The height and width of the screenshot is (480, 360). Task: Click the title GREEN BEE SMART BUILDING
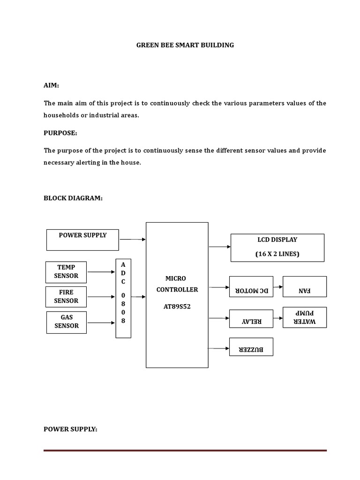[x=185, y=45]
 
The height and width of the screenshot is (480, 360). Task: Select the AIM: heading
[x=52, y=85]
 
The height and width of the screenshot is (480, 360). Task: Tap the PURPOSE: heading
[x=60, y=133]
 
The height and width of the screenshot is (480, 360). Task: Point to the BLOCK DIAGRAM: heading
[x=73, y=198]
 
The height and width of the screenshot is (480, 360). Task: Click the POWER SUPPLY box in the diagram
[x=82, y=240]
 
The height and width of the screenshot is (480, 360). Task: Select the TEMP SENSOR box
[x=66, y=272]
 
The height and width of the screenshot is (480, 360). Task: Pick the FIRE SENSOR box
[x=66, y=297]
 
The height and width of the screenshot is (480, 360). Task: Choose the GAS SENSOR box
[x=66, y=322]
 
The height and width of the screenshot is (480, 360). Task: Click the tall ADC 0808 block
[x=123, y=298]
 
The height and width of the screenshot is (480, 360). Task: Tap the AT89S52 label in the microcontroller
[x=177, y=307]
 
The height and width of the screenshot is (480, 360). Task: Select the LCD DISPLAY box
[x=277, y=247]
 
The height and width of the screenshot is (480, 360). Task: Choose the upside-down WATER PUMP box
[x=305, y=317]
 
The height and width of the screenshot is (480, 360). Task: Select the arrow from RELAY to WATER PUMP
[x=277, y=318]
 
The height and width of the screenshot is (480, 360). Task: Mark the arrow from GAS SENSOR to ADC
[x=101, y=322]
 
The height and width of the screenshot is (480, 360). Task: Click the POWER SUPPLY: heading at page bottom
[x=70, y=429]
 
